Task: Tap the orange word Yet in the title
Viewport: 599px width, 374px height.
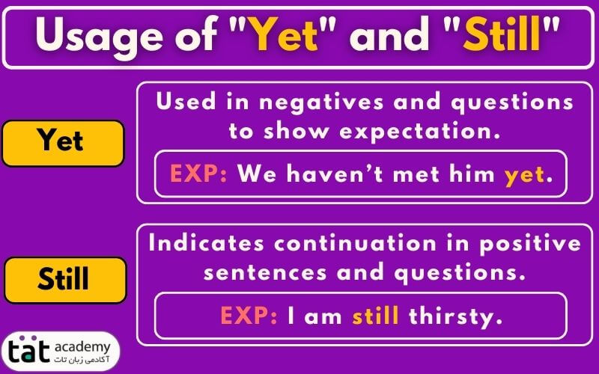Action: pyautogui.click(x=285, y=34)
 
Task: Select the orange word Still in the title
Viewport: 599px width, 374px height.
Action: pyautogui.click(x=502, y=34)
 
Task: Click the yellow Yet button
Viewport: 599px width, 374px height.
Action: pyautogui.click(x=63, y=143)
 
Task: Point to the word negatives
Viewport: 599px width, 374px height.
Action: pyautogui.click(x=321, y=103)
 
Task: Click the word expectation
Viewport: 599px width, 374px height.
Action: pyautogui.click(x=420, y=132)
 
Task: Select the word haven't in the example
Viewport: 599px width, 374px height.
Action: pyautogui.click(x=335, y=174)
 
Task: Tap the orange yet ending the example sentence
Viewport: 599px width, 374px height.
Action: pyautogui.click(x=524, y=175)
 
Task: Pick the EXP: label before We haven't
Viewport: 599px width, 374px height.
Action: pyautogui.click(x=198, y=174)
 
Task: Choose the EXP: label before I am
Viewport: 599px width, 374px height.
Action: pyautogui.click(x=249, y=316)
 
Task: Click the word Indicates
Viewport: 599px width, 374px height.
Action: pyautogui.click(x=207, y=243)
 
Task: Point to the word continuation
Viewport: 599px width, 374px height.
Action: pyautogui.click(x=355, y=243)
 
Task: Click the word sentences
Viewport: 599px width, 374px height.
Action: pyautogui.click(x=265, y=272)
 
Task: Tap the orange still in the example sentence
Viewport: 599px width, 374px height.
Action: pyautogui.click(x=376, y=316)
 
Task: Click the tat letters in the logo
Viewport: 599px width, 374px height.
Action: pyautogui.click(x=29, y=351)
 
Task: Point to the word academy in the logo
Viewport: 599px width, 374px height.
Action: pyautogui.click(x=82, y=348)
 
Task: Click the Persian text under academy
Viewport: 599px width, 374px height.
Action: pyautogui.click(x=82, y=360)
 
